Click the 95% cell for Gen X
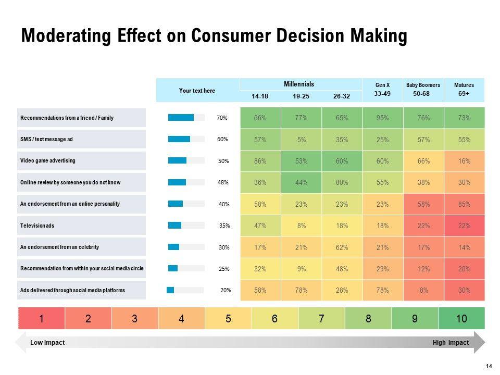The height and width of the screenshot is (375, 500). (383, 118)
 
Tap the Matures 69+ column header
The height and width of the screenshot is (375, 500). (464, 90)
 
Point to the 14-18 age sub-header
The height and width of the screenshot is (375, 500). (260, 96)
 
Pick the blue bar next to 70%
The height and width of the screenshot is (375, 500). (181, 118)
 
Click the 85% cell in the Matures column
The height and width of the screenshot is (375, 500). (464, 204)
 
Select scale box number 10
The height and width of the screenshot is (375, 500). (461, 319)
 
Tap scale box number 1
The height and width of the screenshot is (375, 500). (42, 319)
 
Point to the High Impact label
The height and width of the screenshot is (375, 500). (451, 343)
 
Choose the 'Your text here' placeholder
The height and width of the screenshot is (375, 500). (197, 91)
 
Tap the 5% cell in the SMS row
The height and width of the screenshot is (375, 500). (301, 140)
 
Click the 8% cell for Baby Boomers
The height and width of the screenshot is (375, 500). (423, 290)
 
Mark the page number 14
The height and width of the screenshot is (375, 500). (489, 366)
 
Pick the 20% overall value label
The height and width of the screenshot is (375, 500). (226, 290)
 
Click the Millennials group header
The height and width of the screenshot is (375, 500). (299, 84)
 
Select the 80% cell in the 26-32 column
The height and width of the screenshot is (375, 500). (342, 182)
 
